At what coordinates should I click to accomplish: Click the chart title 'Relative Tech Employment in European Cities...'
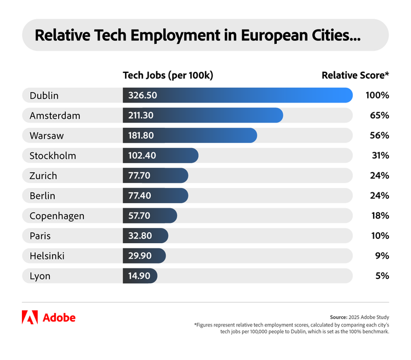pos(197,36)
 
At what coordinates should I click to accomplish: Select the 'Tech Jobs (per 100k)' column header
pos(168,76)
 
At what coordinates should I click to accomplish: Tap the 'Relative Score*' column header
pos(355,76)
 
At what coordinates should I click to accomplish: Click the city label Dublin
pos(44,95)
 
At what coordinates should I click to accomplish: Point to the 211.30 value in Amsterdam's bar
pos(142,116)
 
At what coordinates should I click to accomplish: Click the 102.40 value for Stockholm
pos(142,156)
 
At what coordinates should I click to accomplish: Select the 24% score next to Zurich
pos(380,175)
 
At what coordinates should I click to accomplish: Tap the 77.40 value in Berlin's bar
pos(140,196)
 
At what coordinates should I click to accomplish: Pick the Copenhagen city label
pos(57,216)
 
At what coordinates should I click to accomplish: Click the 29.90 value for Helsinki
pos(139,256)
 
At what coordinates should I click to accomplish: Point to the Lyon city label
pos(40,276)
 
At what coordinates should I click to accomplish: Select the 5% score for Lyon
pos(382,276)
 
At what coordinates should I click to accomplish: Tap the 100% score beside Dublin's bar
pos(377,95)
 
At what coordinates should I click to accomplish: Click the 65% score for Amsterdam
pos(379,116)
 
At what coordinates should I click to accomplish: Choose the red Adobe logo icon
pos(30,317)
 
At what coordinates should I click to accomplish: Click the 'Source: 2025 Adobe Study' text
pos(359,317)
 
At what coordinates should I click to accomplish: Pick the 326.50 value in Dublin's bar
pos(142,95)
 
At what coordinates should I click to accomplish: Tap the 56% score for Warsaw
pos(379,135)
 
